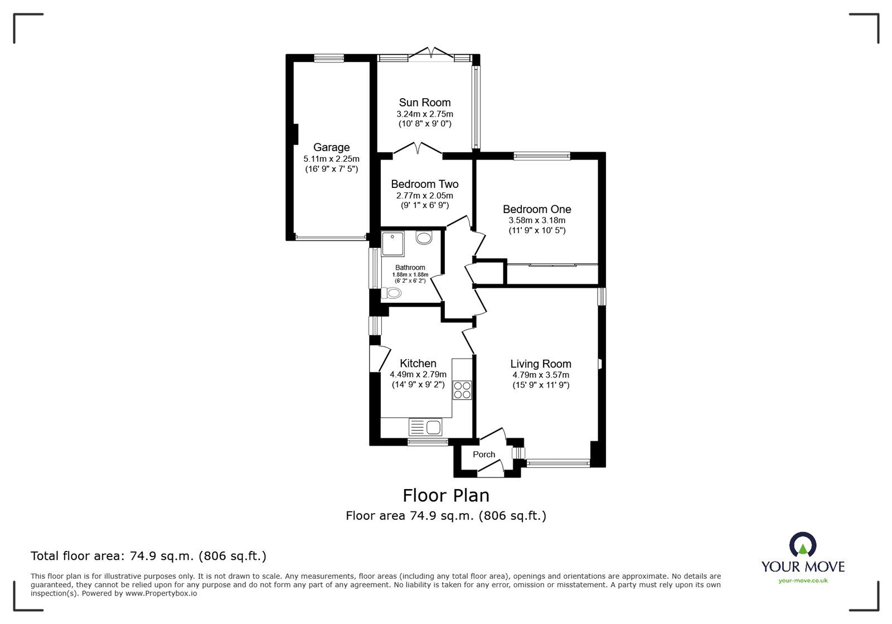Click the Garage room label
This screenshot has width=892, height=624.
tap(331, 147)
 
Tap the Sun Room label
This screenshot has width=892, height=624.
tap(425, 103)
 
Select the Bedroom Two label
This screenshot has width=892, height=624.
tap(424, 184)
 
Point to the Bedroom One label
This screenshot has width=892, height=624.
tap(537, 209)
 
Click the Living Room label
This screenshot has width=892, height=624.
tap(541, 364)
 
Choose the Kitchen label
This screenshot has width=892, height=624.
tap(418, 363)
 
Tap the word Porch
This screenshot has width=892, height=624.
tap(484, 454)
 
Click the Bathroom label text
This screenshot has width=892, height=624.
tap(410, 268)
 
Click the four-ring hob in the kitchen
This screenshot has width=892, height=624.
tap(462, 390)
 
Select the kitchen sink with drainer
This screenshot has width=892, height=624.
tap(425, 427)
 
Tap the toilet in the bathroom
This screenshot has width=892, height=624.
tap(391, 293)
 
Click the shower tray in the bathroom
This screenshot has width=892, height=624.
tap(392, 244)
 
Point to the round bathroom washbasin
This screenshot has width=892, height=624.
tap(424, 238)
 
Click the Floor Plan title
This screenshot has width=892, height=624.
tap(446, 495)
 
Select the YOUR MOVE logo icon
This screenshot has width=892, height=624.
tap(803, 545)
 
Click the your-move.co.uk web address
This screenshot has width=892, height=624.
tap(803, 581)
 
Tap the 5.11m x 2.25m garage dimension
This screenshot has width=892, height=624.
tap(331, 159)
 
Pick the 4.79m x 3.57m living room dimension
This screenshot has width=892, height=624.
tap(541, 375)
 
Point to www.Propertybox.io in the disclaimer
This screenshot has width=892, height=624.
tap(161, 593)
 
